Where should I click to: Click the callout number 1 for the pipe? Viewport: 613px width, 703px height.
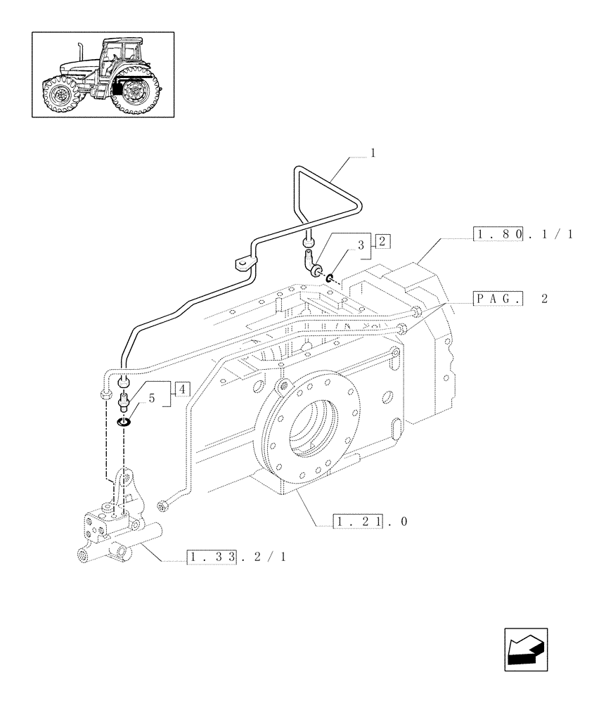click(373, 153)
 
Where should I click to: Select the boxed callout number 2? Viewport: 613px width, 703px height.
click(382, 241)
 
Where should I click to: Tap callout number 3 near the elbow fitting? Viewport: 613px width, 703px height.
click(361, 245)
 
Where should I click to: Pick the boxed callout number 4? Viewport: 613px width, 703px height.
click(181, 389)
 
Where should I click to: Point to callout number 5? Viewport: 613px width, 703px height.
click(151, 397)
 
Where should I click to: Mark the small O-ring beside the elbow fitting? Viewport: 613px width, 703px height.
click(330, 280)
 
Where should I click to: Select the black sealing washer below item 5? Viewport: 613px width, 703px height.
click(124, 423)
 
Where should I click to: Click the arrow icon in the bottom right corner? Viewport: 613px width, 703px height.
click(526, 649)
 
